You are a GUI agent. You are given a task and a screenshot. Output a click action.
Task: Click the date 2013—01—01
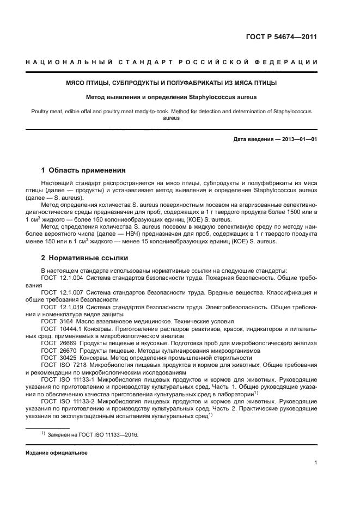pos(297,139)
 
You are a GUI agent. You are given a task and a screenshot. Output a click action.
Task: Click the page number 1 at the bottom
pos(315,463)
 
